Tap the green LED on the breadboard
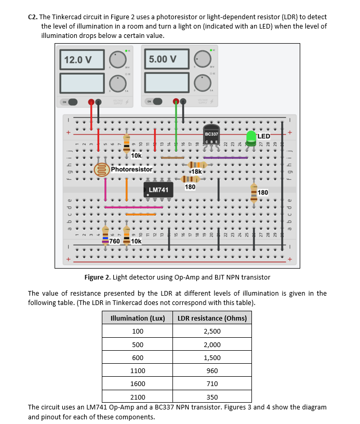251,137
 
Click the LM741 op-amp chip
159,190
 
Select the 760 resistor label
114,242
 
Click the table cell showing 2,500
212,331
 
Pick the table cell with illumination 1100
138,371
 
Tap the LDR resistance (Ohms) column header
212,318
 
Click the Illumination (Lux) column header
138,318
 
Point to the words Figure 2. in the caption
96,277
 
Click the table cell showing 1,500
212,357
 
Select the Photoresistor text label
131,169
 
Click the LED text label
264,136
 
